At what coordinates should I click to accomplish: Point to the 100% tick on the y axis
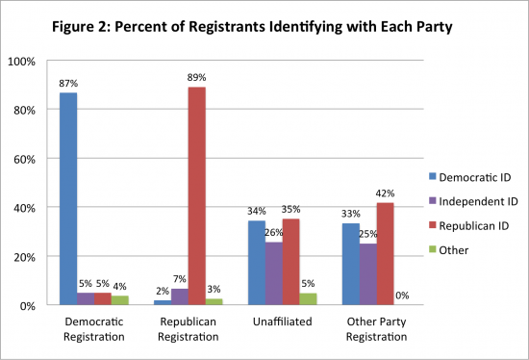click(x=23, y=62)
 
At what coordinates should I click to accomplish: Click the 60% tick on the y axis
click(x=26, y=159)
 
